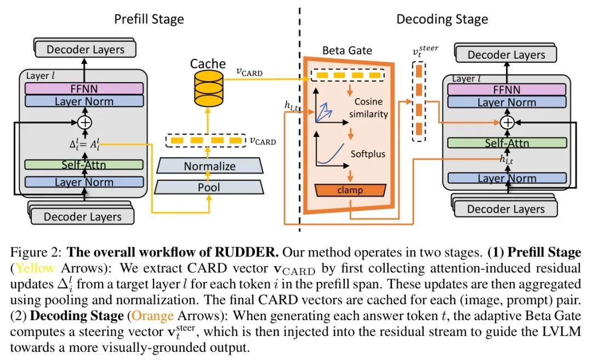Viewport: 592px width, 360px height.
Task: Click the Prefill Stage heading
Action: [x=149, y=19]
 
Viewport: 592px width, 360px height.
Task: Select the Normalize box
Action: [x=209, y=166]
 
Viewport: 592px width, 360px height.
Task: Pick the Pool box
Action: [x=209, y=187]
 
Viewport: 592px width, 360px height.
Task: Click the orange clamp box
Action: [x=350, y=190]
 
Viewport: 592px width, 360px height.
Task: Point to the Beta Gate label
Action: [x=347, y=51]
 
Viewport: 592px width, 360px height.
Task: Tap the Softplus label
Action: [x=368, y=154]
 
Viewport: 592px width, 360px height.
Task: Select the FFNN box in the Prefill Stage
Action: [x=84, y=88]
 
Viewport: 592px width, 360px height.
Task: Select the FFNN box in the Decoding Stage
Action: [x=506, y=89]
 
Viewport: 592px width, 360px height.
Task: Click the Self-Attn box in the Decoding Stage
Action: [x=506, y=144]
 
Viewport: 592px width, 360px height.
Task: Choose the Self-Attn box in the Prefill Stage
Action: [x=84, y=164]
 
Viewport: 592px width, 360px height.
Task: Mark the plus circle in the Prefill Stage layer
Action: [x=84, y=122]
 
